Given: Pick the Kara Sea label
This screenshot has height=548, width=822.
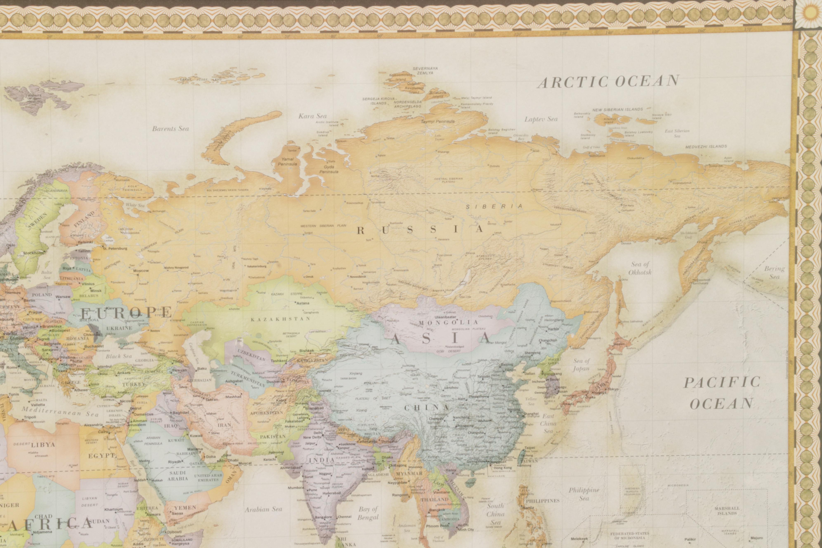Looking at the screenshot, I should pos(312,116).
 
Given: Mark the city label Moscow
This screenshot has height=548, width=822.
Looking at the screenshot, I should pos(141,270).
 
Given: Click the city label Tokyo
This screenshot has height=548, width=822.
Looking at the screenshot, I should pos(613,389).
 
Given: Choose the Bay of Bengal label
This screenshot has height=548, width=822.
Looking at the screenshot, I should pos(368,513).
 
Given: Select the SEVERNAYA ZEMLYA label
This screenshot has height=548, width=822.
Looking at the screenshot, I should pos(425,71).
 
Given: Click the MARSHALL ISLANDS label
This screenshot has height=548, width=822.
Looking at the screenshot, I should pos(727,511).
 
